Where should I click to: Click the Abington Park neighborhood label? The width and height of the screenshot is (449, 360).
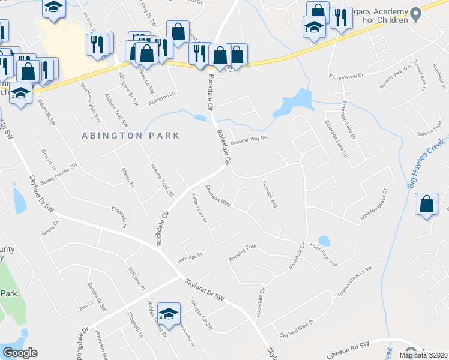click(131, 136)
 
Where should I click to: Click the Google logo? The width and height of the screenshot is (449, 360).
click(20, 353)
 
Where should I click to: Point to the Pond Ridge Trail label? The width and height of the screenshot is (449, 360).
click(324, 254)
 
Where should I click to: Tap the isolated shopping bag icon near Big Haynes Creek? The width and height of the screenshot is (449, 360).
click(426, 205)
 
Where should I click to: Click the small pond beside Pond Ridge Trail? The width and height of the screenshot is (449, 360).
click(324, 241)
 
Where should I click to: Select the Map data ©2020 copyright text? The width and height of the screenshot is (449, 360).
click(423, 355)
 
